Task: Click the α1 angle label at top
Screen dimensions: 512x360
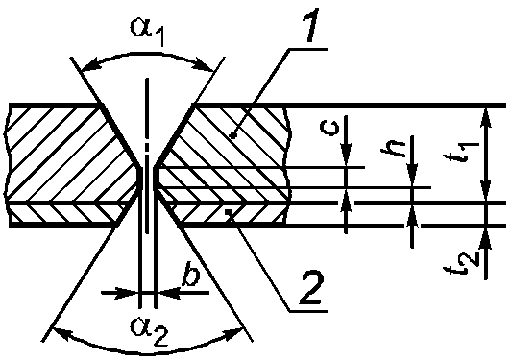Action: [x=147, y=31]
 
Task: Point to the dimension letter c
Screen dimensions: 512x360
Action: [x=329, y=127]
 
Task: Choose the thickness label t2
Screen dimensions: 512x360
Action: [x=463, y=262]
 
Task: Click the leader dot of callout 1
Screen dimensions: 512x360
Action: [x=232, y=134]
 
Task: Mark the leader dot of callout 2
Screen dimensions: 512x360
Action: [x=230, y=214]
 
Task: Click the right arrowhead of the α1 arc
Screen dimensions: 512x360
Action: [x=203, y=64]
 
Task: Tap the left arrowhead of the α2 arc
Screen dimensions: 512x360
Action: [x=62, y=333]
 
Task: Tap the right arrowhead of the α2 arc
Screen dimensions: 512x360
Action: [x=232, y=333]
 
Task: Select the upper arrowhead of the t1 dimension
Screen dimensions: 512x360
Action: [x=486, y=117]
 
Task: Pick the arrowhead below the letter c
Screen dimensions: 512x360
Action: [x=347, y=156]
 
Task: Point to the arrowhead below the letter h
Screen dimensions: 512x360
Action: [x=412, y=177]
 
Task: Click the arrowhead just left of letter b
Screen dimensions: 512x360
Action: [x=128, y=293]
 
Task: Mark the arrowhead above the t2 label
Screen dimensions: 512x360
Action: [x=486, y=239]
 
